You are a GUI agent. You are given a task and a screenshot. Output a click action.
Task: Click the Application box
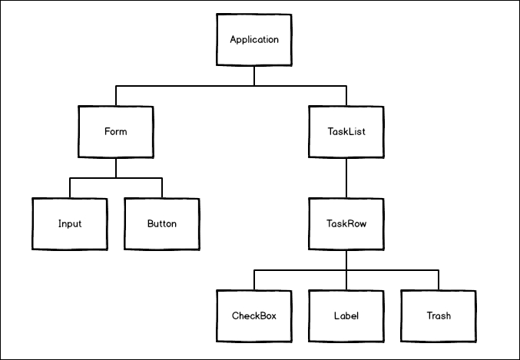254,40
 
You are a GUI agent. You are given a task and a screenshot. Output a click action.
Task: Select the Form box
115,131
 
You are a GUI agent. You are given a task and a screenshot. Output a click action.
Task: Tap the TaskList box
346,131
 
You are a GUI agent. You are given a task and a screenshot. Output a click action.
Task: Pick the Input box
70,224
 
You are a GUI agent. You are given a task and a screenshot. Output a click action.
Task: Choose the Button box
162,224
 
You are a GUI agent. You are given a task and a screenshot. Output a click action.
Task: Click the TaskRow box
346,224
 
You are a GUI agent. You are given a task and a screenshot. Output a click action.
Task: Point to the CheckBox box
254,315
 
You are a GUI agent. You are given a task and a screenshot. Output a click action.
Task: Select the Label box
346,315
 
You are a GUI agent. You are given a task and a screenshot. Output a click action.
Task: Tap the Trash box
439,315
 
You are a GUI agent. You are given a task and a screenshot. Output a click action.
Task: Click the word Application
254,39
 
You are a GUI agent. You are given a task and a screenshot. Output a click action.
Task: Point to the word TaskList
346,131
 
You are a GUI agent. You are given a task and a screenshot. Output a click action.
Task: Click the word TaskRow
346,224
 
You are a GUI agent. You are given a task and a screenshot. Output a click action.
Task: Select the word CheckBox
254,315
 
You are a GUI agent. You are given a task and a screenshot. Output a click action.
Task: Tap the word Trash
439,315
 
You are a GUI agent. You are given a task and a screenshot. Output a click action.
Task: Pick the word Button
162,224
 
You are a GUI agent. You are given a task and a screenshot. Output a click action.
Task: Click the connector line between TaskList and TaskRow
346,177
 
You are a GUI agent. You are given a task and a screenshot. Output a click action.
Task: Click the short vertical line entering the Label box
346,280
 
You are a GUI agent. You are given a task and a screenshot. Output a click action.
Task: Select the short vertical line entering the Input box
70,188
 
